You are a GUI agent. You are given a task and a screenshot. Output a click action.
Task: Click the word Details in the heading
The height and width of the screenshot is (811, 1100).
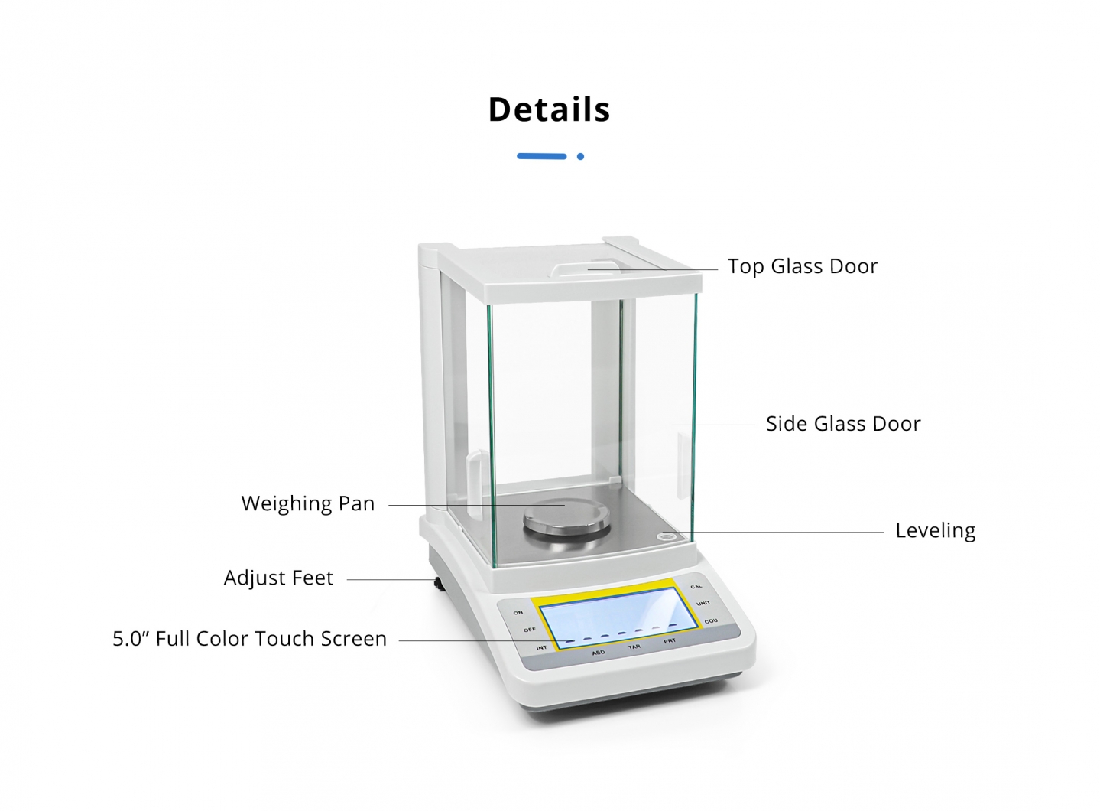[x=549, y=109]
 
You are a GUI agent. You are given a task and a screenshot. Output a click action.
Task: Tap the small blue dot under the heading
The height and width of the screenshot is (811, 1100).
[x=580, y=157]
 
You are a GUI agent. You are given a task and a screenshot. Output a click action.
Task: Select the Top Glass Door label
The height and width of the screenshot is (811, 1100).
[x=802, y=266]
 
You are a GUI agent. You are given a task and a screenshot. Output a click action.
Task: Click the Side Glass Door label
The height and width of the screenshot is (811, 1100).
[x=843, y=424]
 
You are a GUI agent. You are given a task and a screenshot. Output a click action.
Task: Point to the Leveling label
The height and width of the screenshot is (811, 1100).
[x=935, y=531]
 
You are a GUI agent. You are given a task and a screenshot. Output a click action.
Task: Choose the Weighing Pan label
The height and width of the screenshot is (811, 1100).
[x=308, y=503]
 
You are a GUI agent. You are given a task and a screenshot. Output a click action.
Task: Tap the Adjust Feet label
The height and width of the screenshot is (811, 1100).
[x=278, y=578]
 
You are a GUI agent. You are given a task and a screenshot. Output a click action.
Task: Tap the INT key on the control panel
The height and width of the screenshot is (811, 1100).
[x=541, y=648]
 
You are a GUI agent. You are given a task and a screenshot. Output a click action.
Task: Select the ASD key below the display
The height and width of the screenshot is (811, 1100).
[x=598, y=653]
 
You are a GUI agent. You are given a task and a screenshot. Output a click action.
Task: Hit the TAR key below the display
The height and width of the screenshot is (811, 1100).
[x=634, y=647]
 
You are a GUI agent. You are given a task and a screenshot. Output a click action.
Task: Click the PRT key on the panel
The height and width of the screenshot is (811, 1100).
[x=669, y=641]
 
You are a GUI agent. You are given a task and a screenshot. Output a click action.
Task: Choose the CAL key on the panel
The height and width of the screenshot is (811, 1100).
[x=696, y=587]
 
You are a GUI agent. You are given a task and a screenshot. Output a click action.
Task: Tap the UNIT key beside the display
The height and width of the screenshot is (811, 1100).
[x=703, y=604]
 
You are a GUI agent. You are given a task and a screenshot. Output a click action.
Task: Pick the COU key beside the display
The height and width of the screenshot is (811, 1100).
[x=711, y=621]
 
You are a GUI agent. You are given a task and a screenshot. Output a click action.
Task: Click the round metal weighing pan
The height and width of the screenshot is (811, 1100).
[x=566, y=519]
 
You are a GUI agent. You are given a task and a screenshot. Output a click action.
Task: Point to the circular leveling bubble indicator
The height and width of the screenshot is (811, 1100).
[x=667, y=536]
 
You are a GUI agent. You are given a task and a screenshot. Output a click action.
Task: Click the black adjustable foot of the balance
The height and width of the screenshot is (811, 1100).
[x=439, y=584]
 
